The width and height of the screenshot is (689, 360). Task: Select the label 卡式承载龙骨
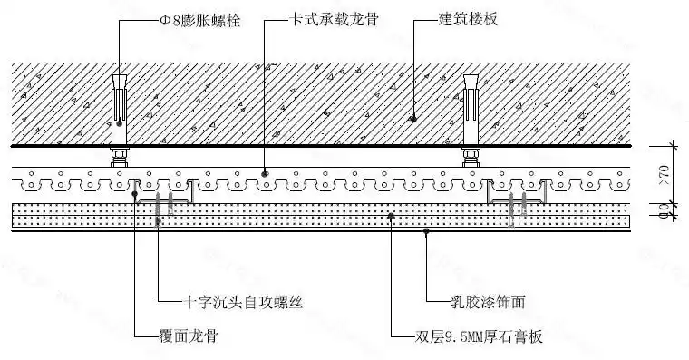(x=321, y=19)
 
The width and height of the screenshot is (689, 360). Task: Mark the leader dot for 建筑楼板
(x=412, y=118)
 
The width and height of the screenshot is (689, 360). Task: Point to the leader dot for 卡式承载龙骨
(x=265, y=171)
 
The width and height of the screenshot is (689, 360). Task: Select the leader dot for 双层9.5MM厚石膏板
(x=391, y=215)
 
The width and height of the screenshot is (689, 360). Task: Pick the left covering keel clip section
(x=163, y=193)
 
